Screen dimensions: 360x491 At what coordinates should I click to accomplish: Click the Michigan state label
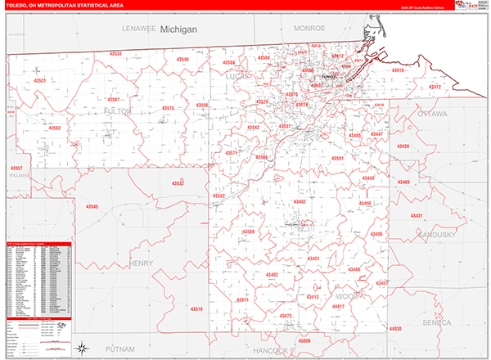(178, 29)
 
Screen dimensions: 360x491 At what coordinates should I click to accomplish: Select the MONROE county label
(310, 28)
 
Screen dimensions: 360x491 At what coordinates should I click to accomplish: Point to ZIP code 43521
(38, 80)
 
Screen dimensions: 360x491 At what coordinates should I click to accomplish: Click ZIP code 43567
(113, 100)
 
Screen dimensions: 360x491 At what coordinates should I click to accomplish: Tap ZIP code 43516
(196, 308)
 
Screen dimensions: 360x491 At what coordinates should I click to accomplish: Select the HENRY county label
(141, 263)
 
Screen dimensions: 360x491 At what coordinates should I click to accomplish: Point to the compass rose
(83, 348)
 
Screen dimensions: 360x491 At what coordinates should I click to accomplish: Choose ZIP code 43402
(298, 201)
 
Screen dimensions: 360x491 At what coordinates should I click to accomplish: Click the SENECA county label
(436, 323)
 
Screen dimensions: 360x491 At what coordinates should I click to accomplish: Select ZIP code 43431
(418, 216)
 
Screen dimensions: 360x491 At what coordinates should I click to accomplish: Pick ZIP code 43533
(115, 54)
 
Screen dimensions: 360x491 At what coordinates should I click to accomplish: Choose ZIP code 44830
(396, 328)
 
